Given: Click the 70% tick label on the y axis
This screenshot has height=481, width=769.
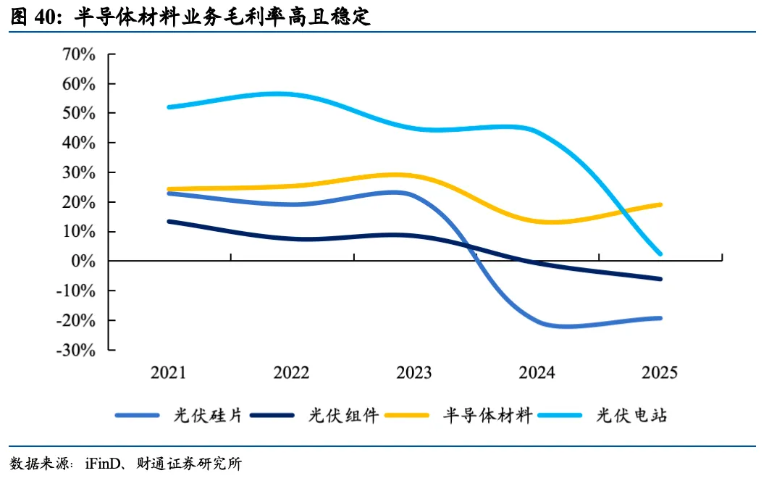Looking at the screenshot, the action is click(78, 54).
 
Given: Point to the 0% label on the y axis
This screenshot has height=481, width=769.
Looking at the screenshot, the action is click(83, 261).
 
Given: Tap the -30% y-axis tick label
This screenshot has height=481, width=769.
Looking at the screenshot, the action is click(76, 350).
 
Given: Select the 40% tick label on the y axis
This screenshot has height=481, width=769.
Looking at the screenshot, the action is click(78, 143).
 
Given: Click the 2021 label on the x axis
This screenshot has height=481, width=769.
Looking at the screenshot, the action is click(168, 372).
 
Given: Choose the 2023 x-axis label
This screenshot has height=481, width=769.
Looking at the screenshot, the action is click(414, 372).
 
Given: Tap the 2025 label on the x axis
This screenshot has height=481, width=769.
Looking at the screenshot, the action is click(660, 372).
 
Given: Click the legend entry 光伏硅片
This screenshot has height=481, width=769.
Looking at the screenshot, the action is click(179, 415).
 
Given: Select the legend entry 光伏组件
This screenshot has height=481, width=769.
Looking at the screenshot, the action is click(314, 415).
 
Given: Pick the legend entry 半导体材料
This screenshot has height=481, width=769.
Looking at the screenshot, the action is click(458, 415).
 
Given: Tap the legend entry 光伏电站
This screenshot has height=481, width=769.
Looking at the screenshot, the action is click(602, 415).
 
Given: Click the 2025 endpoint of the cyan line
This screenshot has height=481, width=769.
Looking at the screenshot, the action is click(660, 254).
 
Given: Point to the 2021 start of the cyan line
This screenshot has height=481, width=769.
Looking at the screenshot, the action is click(169, 107).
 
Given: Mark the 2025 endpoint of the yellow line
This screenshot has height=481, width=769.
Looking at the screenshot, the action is click(660, 205).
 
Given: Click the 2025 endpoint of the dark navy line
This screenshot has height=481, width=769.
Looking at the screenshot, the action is click(660, 279).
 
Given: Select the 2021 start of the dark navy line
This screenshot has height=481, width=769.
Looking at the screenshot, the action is click(169, 222).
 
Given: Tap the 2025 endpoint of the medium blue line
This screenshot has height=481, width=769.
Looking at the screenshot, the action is click(660, 318).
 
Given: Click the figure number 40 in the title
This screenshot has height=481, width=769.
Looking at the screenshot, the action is click(45, 17).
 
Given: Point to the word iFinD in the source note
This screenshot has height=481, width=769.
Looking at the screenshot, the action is click(102, 464).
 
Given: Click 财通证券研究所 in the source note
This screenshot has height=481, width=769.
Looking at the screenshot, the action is click(189, 464).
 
